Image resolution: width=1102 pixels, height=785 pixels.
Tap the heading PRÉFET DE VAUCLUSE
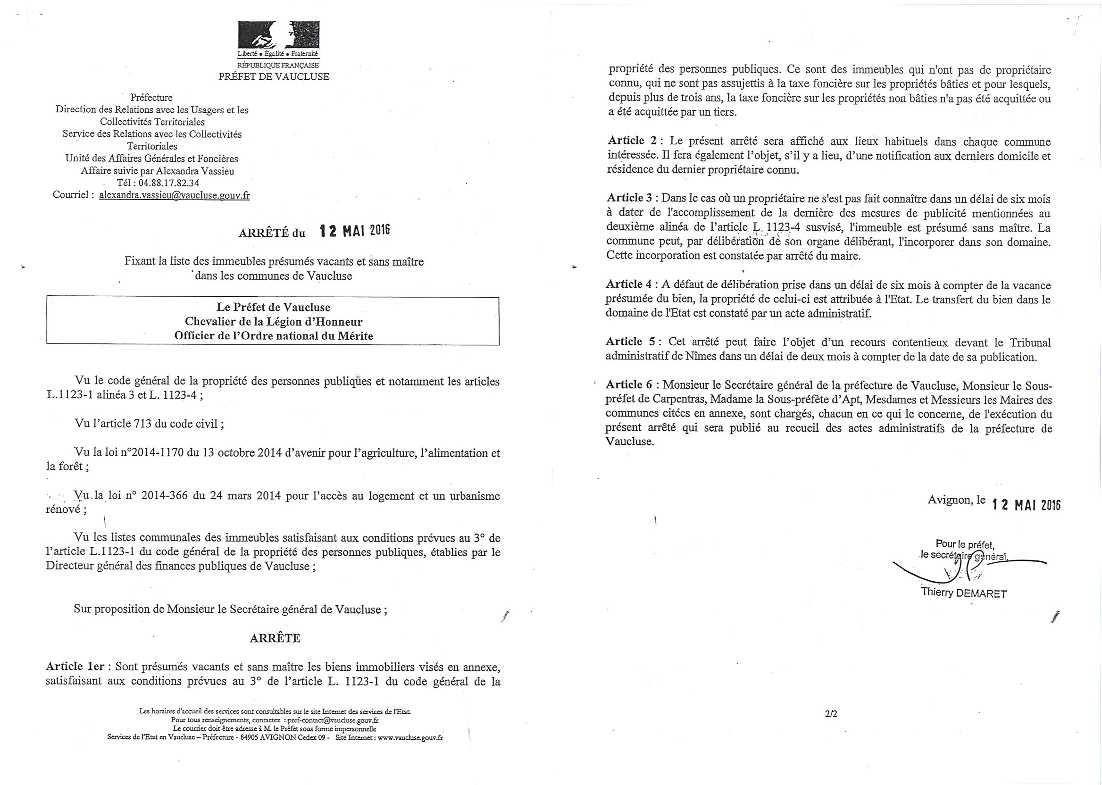tap(274, 76)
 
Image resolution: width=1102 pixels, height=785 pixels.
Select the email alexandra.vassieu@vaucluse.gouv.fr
tap(175, 195)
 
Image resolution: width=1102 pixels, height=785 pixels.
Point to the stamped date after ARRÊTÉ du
tap(355, 231)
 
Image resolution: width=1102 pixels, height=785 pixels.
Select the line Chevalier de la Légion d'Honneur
tap(274, 321)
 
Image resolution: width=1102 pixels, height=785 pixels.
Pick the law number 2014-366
tap(165, 496)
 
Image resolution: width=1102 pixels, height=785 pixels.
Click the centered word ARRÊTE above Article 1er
tap(275, 638)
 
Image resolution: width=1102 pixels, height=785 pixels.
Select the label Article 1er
tap(75, 667)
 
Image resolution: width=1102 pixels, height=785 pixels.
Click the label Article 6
tap(630, 385)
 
